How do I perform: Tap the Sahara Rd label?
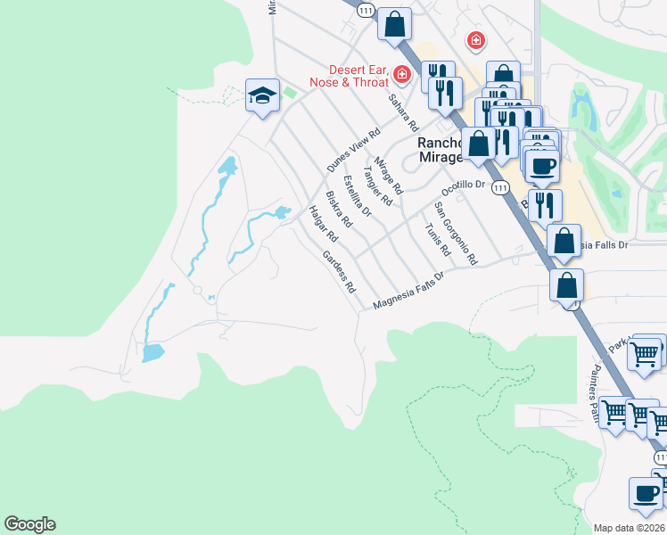[403, 111]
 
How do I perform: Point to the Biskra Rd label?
[339, 210]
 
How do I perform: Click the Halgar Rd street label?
[323, 225]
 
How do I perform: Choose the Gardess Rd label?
[339, 273]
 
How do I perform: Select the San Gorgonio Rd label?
[456, 233]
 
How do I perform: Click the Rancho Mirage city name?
[441, 150]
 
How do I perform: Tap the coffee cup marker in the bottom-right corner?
[646, 494]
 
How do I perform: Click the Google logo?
[29, 524]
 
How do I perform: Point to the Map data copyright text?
[630, 528]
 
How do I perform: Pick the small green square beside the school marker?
[290, 92]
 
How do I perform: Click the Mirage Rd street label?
[389, 176]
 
